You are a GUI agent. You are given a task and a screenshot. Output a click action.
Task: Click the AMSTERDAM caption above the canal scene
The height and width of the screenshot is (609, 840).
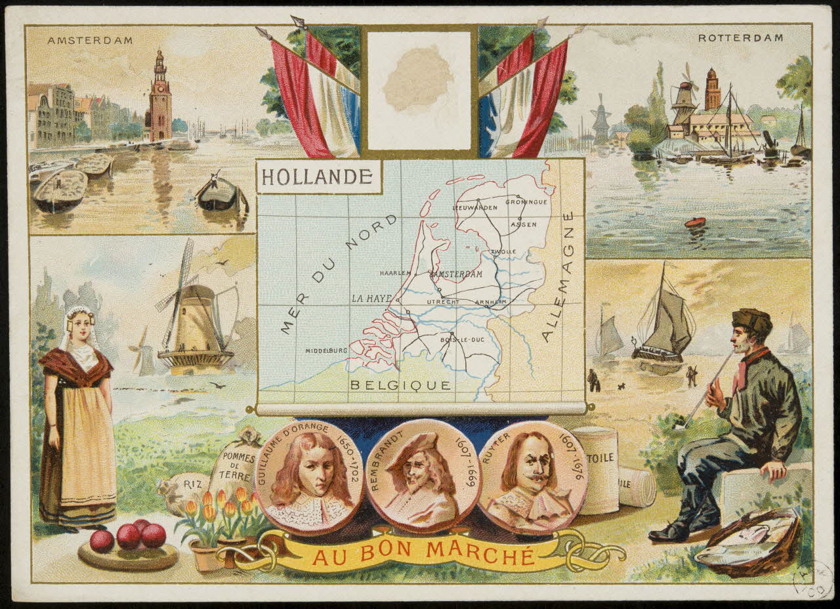pos(90,41)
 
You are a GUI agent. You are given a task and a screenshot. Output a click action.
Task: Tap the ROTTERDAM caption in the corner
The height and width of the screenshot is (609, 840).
pos(740,38)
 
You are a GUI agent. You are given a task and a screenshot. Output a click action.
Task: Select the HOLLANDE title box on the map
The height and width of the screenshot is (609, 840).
pos(318,177)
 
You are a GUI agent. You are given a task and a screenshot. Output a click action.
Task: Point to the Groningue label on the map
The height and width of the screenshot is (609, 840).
pos(526,202)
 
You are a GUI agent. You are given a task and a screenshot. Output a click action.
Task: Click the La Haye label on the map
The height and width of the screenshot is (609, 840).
pos(371,299)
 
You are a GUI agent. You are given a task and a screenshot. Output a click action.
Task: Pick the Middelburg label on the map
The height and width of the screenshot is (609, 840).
pos(326,350)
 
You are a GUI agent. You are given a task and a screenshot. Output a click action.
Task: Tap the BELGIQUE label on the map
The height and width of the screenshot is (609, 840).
pos(400,385)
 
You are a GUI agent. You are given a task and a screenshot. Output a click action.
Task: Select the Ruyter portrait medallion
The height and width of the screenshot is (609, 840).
pos(532,476)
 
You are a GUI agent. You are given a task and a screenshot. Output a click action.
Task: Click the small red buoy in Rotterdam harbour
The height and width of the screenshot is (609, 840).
pos(694,222)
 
